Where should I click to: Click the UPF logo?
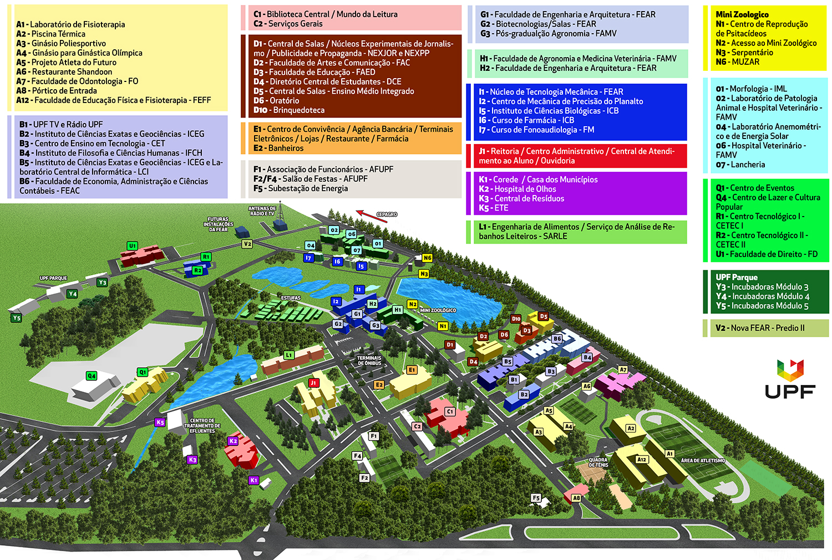(790, 379)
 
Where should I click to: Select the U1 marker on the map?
(132, 246)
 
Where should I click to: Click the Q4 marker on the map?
(92, 376)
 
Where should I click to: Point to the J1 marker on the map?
(313, 383)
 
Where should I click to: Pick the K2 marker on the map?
(233, 441)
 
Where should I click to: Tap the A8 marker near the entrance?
(576, 498)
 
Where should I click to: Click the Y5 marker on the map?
(16, 318)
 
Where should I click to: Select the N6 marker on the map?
(427, 258)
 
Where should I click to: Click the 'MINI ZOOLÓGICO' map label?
(438, 310)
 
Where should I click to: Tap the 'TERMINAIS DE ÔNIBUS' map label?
(369, 361)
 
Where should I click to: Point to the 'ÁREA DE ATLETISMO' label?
(703, 460)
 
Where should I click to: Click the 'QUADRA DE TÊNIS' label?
(598, 463)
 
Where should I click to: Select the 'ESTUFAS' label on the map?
(291, 298)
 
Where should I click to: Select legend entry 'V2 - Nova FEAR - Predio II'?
(760, 328)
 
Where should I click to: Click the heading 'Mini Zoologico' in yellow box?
(742, 14)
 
